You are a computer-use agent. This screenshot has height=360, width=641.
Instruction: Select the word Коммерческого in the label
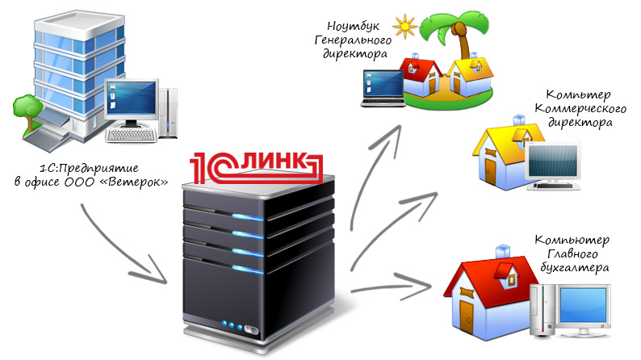(576, 109)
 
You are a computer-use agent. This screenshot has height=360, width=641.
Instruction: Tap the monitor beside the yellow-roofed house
(552, 165)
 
